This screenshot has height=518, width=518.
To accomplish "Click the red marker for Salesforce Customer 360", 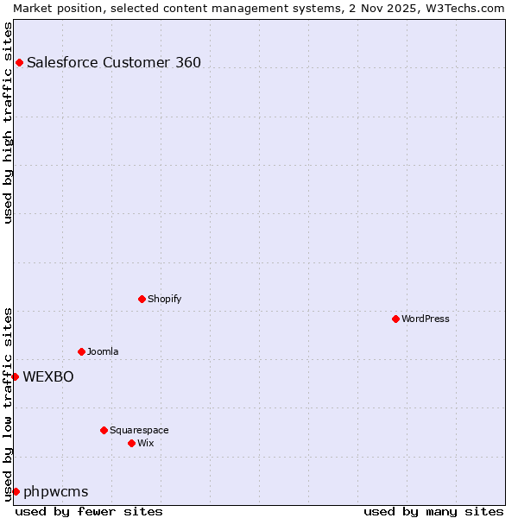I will click(19, 62).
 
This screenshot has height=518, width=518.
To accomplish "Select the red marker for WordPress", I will click(395, 319).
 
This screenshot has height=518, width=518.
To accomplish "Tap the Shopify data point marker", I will click(142, 299).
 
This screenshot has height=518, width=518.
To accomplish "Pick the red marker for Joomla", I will click(81, 351).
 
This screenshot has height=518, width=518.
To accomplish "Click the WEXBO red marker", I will click(15, 376).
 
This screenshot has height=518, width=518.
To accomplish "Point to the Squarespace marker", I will click(104, 430).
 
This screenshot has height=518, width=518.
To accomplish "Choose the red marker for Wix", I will click(131, 443).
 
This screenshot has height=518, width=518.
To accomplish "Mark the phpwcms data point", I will click(16, 491).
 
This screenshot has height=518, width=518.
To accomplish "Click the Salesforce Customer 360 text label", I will click(114, 62).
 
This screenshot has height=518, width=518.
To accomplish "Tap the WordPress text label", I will click(426, 319).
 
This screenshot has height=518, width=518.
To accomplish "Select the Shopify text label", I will click(164, 299).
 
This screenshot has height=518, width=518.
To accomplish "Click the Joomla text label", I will click(103, 351).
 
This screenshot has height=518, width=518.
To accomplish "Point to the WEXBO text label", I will click(48, 376).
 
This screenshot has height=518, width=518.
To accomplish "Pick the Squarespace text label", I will click(139, 430).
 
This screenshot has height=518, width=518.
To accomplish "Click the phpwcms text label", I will click(56, 491).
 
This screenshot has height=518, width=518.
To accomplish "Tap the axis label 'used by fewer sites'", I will click(89, 511).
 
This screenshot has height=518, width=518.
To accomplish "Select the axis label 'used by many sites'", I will click(433, 511).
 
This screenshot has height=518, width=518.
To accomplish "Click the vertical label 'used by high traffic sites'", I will click(8, 123).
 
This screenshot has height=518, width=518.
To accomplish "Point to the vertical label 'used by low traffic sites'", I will click(8, 403).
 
